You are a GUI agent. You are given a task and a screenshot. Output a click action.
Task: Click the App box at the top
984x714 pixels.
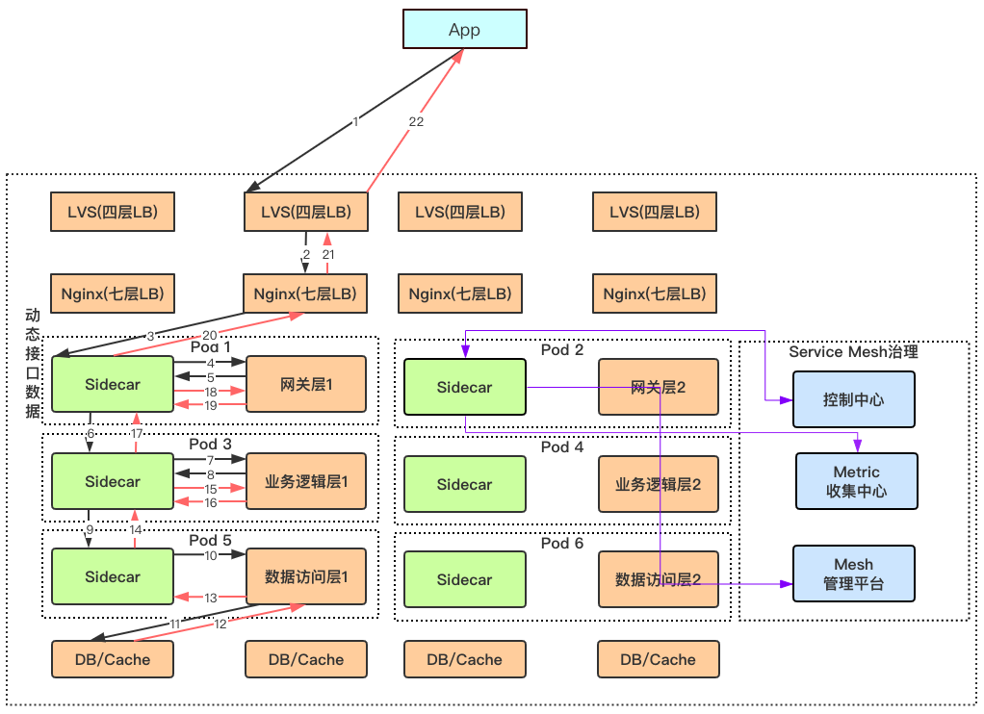tap(464, 30)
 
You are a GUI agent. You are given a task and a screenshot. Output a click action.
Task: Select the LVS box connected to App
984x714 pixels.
tap(306, 212)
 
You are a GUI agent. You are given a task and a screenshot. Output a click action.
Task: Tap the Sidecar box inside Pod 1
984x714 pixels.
tap(113, 385)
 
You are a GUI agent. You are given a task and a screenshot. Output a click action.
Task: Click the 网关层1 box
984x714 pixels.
tap(306, 385)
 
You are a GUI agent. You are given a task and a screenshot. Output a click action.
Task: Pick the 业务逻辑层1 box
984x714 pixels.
tap(306, 481)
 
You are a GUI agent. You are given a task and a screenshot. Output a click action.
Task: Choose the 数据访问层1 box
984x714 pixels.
tap(306, 577)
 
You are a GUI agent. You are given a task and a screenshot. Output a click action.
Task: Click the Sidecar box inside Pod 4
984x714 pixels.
tap(464, 484)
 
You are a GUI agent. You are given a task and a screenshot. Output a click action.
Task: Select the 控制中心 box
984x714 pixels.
tap(854, 398)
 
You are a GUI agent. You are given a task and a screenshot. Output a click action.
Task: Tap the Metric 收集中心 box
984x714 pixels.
tap(856, 481)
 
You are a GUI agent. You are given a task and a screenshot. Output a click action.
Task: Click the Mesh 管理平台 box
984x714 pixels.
tap(854, 574)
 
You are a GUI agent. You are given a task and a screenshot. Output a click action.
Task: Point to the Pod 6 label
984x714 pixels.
tap(562, 544)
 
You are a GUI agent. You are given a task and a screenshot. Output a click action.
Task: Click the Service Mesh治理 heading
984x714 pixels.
tap(853, 352)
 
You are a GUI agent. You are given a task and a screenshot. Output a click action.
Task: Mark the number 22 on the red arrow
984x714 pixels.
tap(416, 122)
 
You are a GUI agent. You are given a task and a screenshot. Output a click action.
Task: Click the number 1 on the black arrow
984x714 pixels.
tap(355, 122)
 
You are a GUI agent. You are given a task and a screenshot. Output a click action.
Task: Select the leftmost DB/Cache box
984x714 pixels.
tap(113, 660)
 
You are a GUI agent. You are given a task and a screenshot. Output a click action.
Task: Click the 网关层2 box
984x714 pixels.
tap(659, 388)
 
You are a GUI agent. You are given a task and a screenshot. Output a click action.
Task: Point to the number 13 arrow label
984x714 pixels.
tap(210, 598)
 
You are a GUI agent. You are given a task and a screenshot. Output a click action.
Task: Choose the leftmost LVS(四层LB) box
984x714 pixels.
tap(113, 212)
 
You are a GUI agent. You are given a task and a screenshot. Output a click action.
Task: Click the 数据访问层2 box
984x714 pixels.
tap(659, 579)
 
